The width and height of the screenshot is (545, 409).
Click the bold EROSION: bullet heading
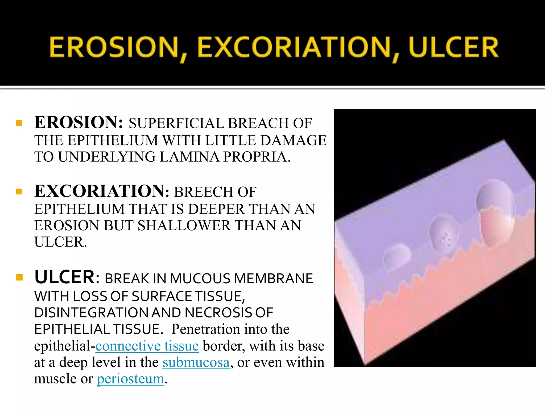click(x=79, y=123)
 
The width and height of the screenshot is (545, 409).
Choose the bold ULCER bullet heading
click(x=64, y=277)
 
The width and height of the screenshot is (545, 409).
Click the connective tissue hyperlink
click(x=147, y=346)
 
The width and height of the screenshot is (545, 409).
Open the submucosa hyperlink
click(x=196, y=363)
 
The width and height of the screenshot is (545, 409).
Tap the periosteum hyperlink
click(x=130, y=379)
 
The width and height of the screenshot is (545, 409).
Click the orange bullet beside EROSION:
click(x=19, y=123)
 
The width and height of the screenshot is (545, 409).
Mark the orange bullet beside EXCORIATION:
click(x=19, y=192)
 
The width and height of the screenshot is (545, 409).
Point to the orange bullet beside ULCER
click(x=19, y=278)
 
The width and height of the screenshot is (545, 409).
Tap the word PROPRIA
click(x=256, y=157)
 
